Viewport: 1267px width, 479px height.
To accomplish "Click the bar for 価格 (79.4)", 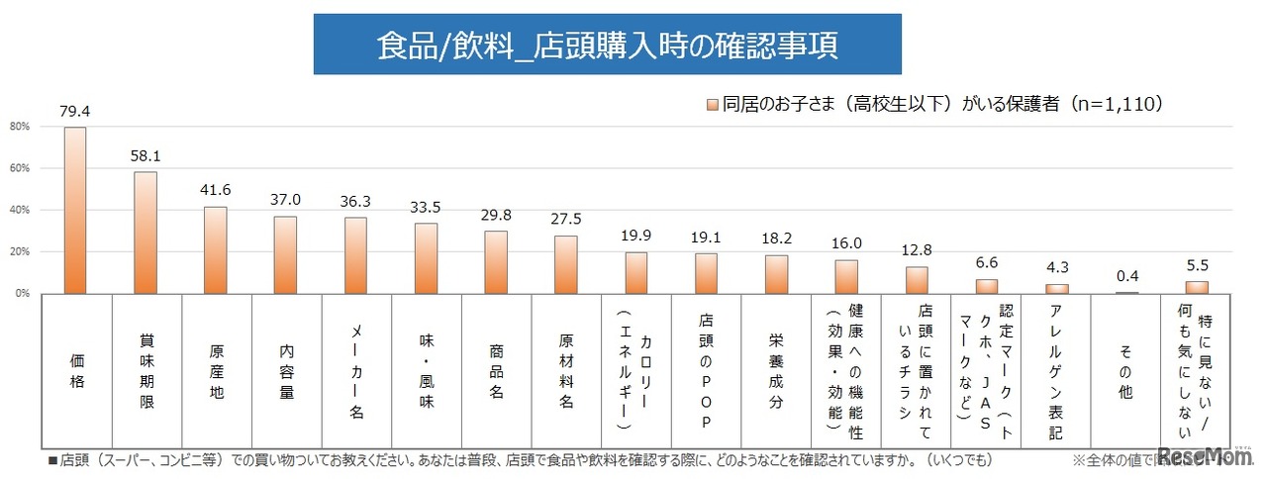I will point(75,211).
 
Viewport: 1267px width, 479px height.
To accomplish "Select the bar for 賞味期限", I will point(146,233).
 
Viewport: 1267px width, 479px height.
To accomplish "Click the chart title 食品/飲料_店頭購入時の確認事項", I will point(607,45).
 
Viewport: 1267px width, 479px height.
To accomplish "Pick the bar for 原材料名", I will point(566,265).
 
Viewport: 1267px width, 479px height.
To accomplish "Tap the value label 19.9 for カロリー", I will point(636,237).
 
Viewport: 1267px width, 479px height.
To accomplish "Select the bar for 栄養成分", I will point(777,274).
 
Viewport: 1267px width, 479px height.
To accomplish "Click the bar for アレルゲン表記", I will point(1057,289).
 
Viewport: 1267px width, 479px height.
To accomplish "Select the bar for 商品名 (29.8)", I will point(496,262).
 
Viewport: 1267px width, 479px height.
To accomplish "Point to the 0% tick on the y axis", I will point(21,294).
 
